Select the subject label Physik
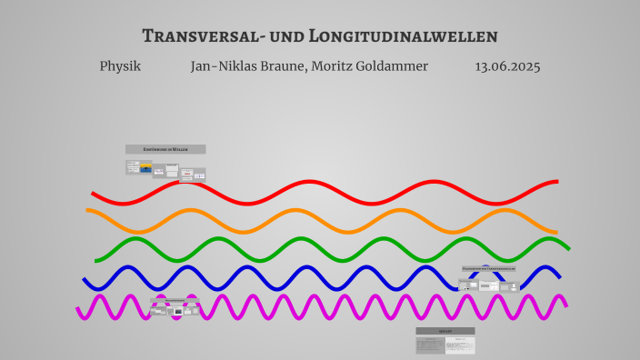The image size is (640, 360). pyautogui.click(x=120, y=66)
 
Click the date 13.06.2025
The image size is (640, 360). pyautogui.click(x=507, y=66)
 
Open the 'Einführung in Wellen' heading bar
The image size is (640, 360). pyautogui.click(x=165, y=149)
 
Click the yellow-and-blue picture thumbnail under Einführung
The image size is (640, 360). pyautogui.click(x=145, y=168)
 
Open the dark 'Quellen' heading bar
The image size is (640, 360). pyautogui.click(x=445, y=332)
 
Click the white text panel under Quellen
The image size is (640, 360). pyautogui.click(x=463, y=345)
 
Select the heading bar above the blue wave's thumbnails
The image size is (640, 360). pyautogui.click(x=489, y=269)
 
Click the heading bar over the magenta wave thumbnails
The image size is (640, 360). pyautogui.click(x=175, y=299)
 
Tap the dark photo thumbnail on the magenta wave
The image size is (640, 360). pyautogui.click(x=177, y=312)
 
